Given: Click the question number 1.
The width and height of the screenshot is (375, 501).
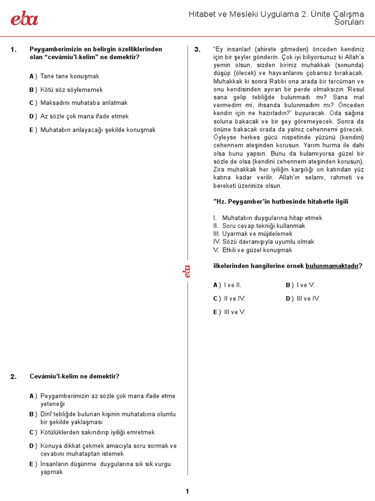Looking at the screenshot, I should pos(13,49).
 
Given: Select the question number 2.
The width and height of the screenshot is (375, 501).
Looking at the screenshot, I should pos(13,377).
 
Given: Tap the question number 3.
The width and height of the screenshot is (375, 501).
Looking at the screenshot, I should pos(197,49).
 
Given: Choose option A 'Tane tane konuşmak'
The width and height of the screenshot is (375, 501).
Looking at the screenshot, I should pos(69,76).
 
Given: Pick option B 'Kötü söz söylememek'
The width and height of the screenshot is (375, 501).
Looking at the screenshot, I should pos(71,90).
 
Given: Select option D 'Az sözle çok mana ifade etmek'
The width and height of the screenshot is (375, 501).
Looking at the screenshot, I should pos(84,116).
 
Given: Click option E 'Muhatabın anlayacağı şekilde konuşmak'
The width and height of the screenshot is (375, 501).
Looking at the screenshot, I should pos(98,130).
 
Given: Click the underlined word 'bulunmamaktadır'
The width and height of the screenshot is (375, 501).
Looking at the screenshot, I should pos(332,266).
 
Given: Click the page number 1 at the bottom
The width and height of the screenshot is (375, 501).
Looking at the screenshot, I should pos(187,491).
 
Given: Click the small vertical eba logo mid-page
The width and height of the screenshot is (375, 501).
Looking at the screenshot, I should pos(187,271).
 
